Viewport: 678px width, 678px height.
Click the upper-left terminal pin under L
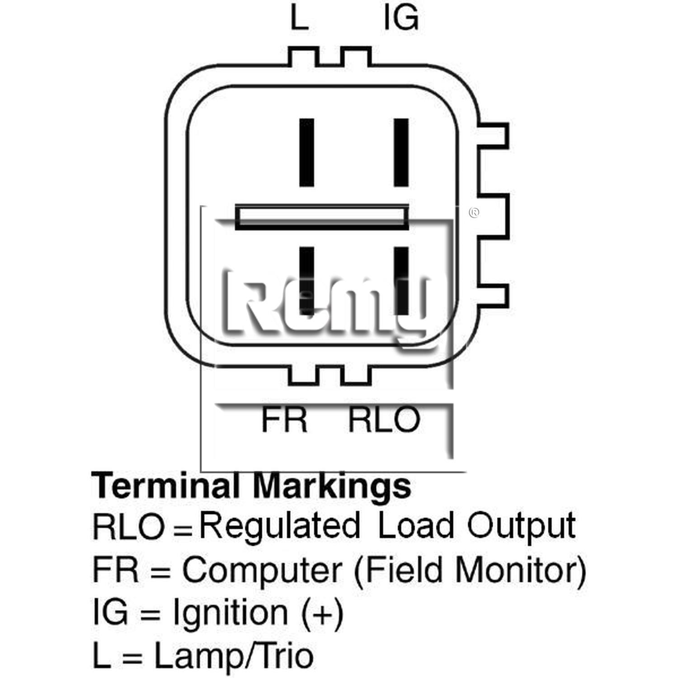point(307,152)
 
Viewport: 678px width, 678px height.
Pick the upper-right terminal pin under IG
point(401,152)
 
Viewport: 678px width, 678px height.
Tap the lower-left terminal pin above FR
point(307,281)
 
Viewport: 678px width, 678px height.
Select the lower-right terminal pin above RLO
point(401,281)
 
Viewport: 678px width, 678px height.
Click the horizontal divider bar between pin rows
point(322,217)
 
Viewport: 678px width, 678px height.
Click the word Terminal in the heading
point(165,485)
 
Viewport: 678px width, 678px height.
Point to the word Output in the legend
point(522,526)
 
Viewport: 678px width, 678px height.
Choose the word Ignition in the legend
point(231,614)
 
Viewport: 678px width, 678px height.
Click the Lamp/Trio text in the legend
point(234,656)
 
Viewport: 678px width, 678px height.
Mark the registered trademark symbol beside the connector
point(474,212)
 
